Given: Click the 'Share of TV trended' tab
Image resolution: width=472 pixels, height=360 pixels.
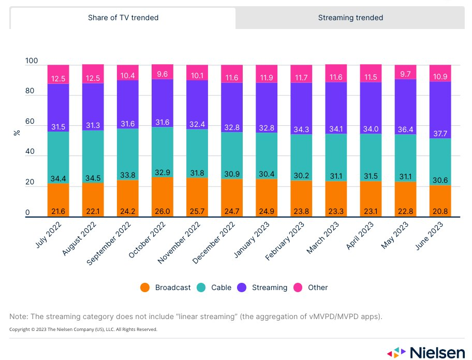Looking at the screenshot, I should (123, 18).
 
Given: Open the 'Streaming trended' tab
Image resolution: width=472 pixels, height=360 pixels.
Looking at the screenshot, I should (350, 18).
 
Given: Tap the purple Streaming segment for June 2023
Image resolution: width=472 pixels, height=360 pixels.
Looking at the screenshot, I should (440, 110).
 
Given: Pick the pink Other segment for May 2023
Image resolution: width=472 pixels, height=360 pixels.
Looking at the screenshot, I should (405, 72).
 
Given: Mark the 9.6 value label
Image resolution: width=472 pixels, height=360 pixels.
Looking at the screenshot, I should (162, 74).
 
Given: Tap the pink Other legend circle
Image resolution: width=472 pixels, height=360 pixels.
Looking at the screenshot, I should (298, 287).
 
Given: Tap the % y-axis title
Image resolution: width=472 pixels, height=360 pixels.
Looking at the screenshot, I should (17, 133).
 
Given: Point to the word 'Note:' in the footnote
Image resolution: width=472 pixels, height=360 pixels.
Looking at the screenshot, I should (20, 316).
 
